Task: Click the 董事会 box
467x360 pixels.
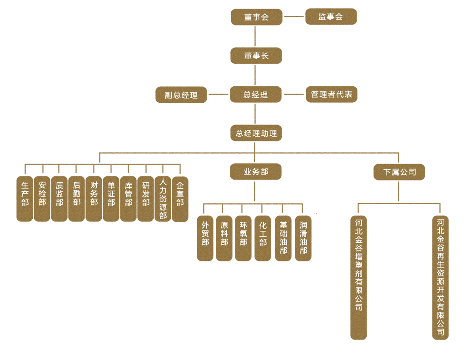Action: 256,17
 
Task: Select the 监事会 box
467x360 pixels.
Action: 331,17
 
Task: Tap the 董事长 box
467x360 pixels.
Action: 256,56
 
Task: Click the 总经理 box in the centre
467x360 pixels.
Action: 256,95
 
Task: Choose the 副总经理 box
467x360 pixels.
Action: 181,95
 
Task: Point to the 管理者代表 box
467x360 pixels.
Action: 332,95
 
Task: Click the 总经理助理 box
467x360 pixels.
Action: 256,133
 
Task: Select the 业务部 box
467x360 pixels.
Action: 256,172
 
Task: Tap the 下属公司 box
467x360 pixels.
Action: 399,172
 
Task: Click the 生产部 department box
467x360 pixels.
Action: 25,199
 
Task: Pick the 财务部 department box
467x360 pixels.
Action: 94,199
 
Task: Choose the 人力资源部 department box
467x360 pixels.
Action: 163,199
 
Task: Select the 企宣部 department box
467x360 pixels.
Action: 180,199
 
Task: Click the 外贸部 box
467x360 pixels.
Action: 205,238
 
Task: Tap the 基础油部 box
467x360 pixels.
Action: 283,238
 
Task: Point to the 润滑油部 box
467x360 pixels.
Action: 303,238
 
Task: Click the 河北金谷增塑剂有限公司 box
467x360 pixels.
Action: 358,277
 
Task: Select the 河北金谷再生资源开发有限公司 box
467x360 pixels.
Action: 440,277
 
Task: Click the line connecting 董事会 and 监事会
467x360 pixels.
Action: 294,17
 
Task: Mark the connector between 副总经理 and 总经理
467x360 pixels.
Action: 219,95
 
